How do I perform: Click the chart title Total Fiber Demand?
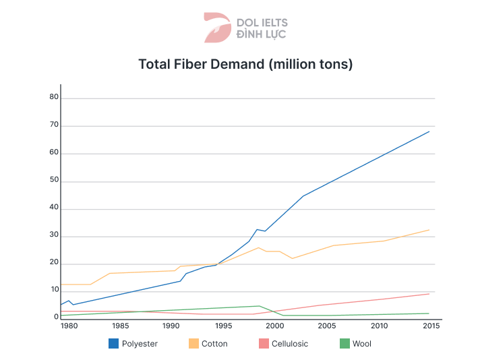(245, 65)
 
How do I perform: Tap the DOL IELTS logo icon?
(217, 27)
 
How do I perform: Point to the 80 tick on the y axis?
(54, 98)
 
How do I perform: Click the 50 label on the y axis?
(54, 181)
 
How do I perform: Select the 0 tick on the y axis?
(57, 317)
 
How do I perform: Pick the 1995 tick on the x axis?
(223, 326)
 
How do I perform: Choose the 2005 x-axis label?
(328, 326)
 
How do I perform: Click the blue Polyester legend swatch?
(113, 344)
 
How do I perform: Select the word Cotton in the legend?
(214, 344)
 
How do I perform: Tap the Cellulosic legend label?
(290, 344)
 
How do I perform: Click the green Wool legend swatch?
(344, 344)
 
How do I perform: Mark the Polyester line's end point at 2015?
(429, 131)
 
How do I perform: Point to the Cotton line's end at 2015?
(429, 230)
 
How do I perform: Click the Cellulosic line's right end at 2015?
(429, 293)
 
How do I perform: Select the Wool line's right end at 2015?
(429, 313)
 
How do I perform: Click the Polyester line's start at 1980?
(61, 305)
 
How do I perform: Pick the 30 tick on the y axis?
(54, 237)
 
